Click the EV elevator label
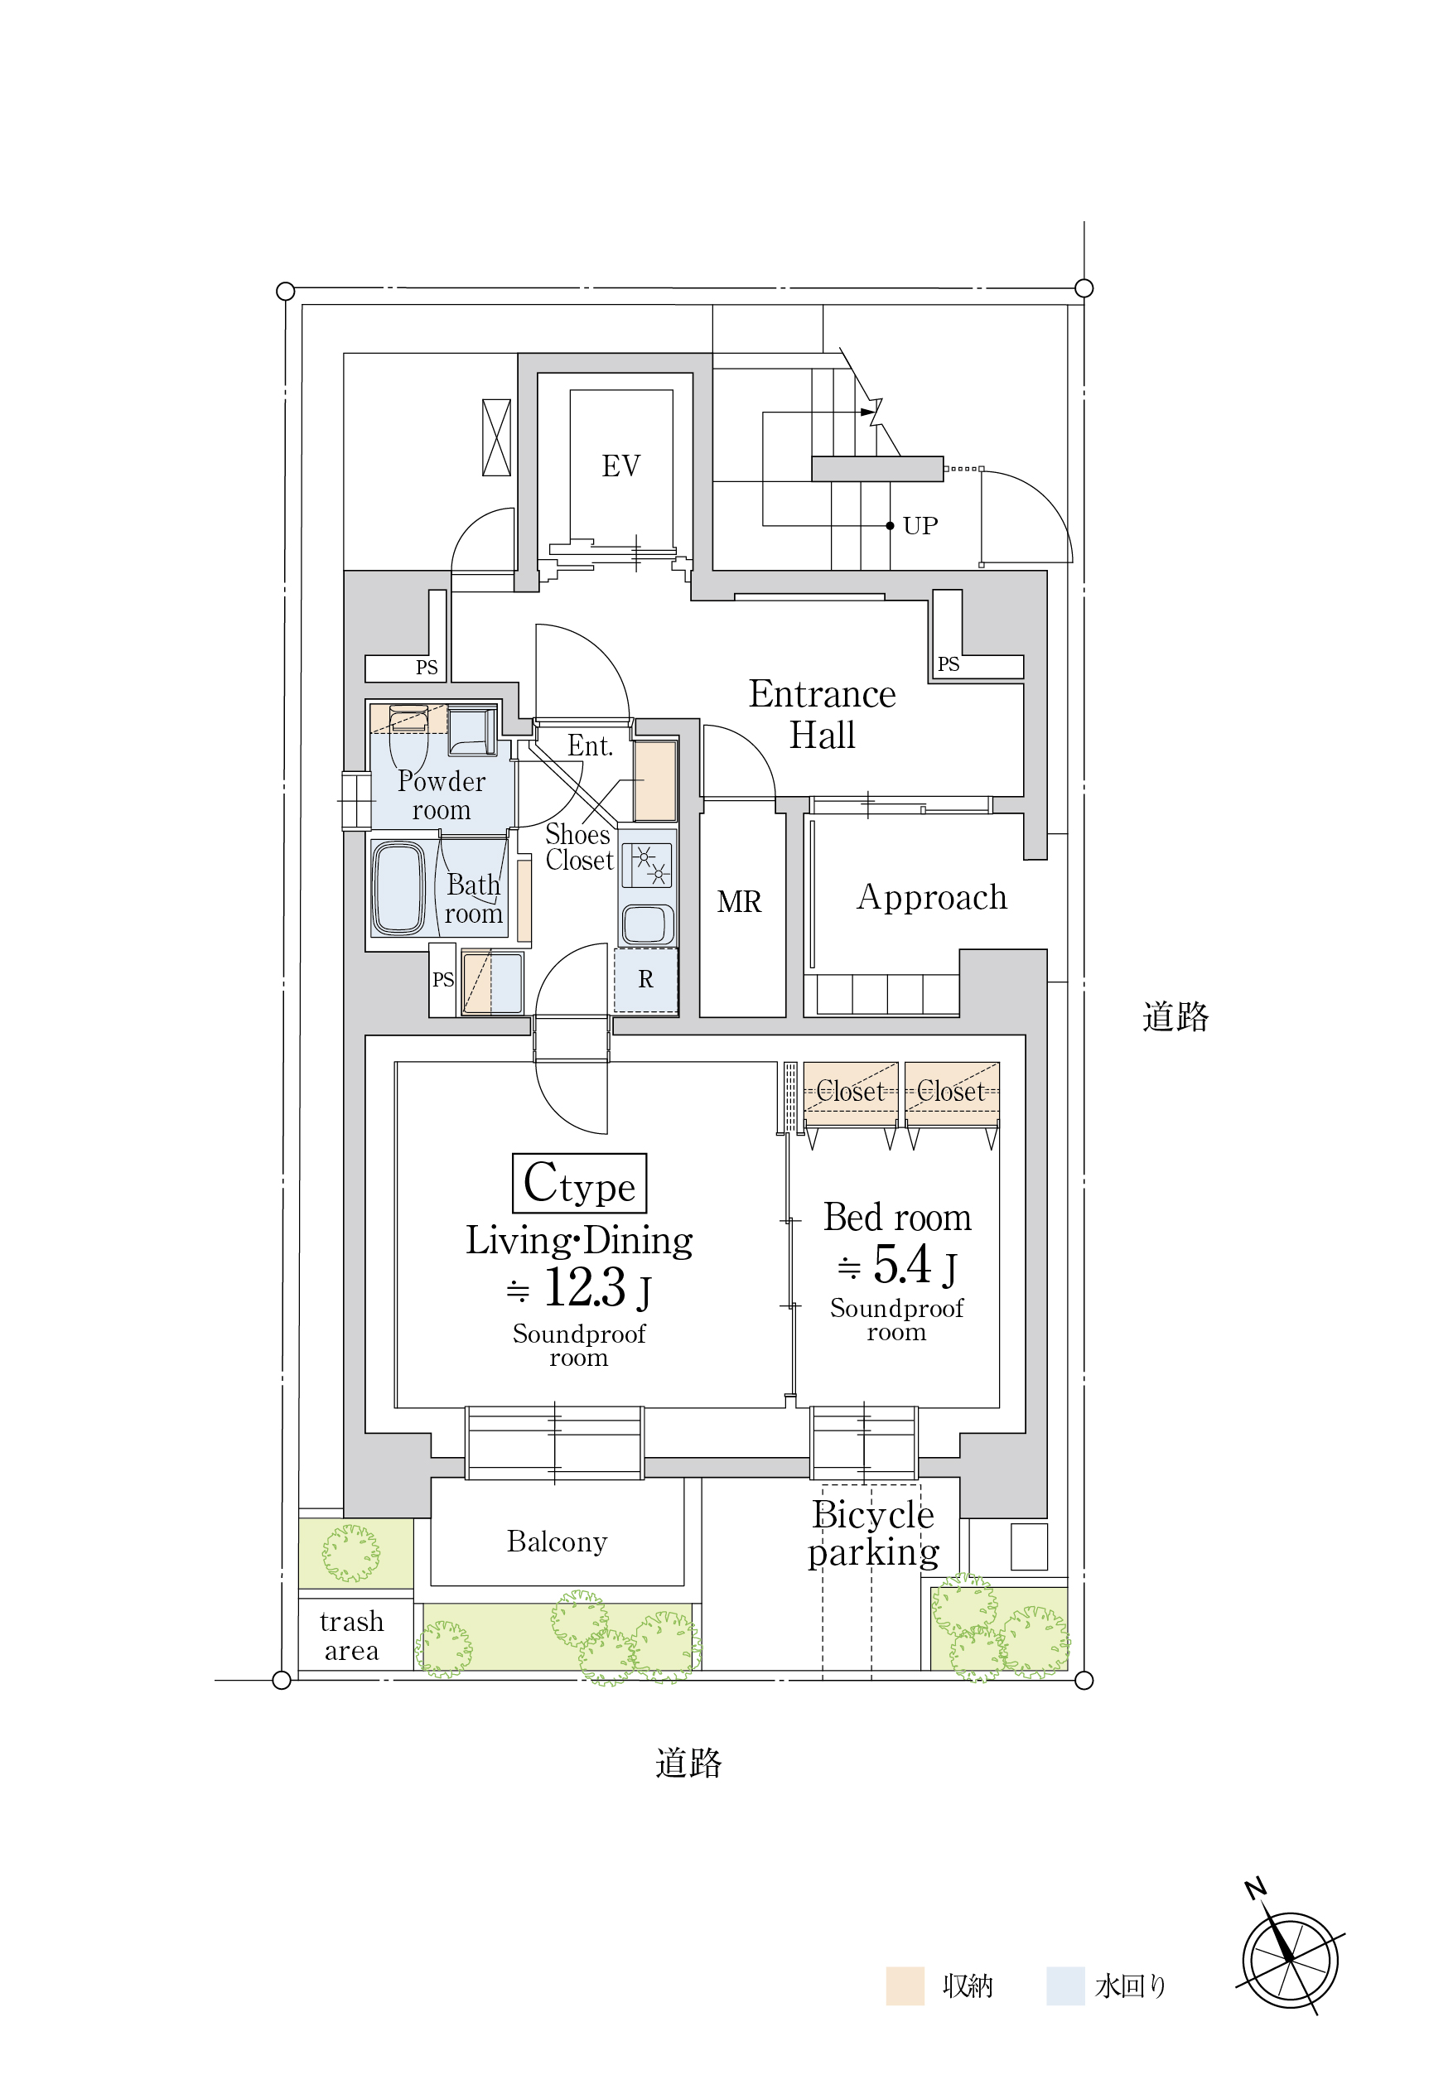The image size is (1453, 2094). (621, 466)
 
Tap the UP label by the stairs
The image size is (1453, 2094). (920, 526)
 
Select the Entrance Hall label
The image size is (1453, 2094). (822, 715)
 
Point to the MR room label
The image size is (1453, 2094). (738, 902)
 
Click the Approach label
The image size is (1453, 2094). (932, 898)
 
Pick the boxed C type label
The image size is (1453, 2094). (580, 1184)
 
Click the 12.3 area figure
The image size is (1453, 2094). (585, 1288)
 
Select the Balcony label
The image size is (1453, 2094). (558, 1542)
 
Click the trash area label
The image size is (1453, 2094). (351, 1636)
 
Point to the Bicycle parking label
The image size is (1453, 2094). (873, 1533)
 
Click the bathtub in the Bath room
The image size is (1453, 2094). (398, 888)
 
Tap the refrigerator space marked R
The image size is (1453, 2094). (645, 980)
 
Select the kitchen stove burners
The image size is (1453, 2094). (646, 865)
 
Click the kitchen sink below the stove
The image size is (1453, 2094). (646, 924)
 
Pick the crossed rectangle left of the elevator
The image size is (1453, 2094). (496, 437)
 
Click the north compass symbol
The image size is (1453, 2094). (1291, 1960)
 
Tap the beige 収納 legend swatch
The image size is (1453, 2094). (905, 1985)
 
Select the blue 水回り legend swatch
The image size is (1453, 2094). (1065, 1985)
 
